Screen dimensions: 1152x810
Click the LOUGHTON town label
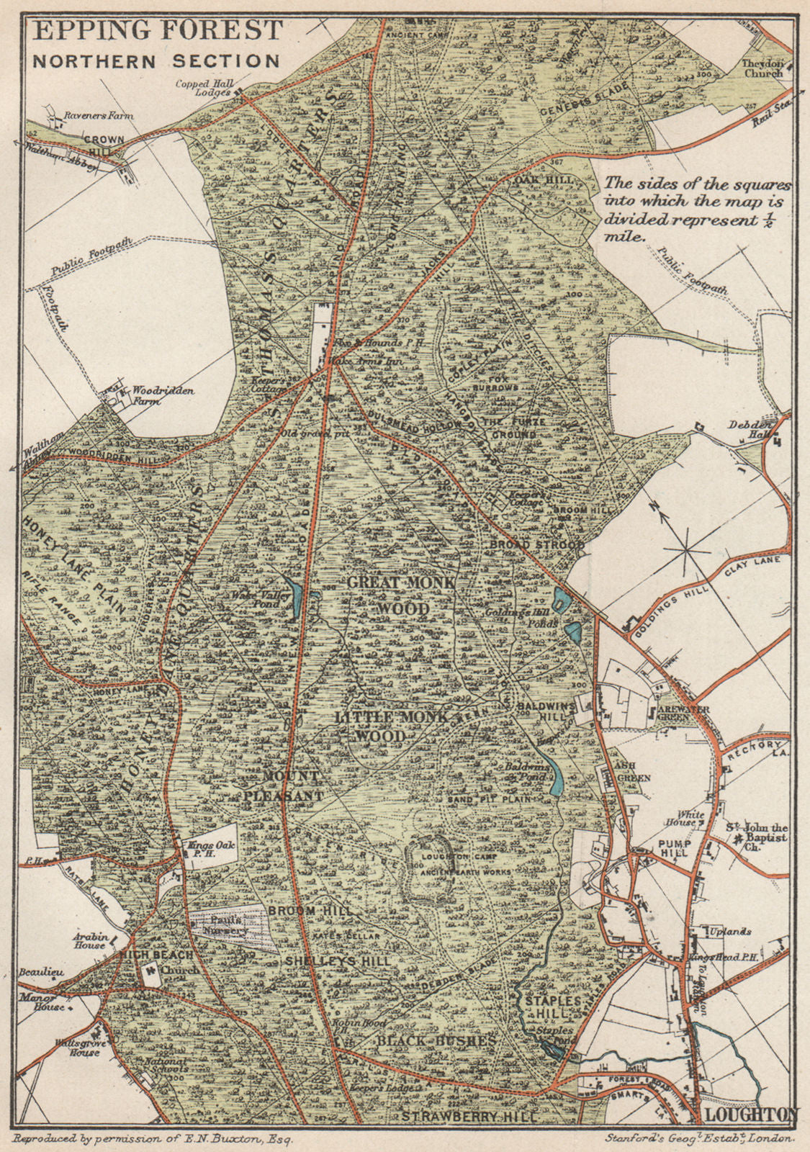point(751,1115)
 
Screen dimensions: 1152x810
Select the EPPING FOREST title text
point(158,31)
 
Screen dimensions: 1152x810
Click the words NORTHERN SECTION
point(156,61)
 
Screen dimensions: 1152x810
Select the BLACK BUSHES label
point(436,1041)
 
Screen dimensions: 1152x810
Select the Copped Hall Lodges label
point(203,88)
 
